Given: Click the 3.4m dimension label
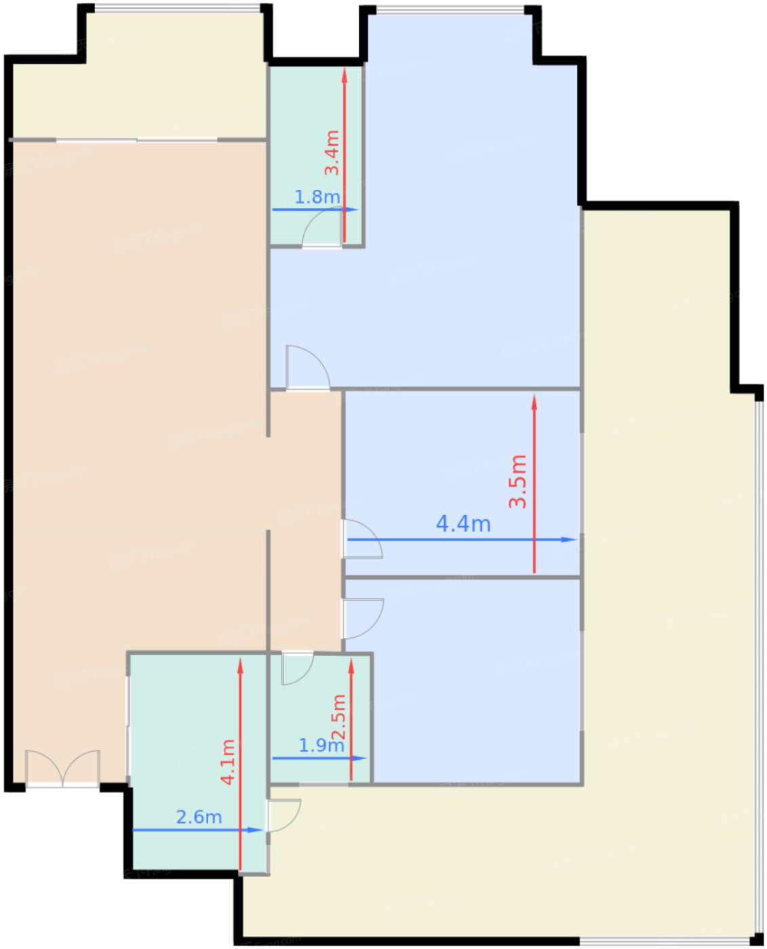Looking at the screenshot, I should (332, 153).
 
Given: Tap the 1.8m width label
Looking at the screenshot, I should (317, 197).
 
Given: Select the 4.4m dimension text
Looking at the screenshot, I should (463, 524).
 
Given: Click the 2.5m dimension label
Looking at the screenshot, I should (338, 718).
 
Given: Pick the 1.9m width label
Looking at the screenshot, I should (321, 746).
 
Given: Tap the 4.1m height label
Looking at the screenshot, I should (228, 763).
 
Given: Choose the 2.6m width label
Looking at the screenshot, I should (199, 817).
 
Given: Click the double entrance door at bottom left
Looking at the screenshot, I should (63, 769).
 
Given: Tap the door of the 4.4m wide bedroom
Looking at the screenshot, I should (361, 539).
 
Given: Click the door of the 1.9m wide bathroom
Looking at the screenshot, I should (296, 668).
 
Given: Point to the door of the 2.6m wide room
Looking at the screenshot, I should (283, 815).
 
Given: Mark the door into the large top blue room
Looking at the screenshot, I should (307, 368).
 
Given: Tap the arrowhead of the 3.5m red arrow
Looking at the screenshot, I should (534, 401).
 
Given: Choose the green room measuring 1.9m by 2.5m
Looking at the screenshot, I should (321, 719).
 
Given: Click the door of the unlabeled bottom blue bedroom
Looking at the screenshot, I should (362, 618).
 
